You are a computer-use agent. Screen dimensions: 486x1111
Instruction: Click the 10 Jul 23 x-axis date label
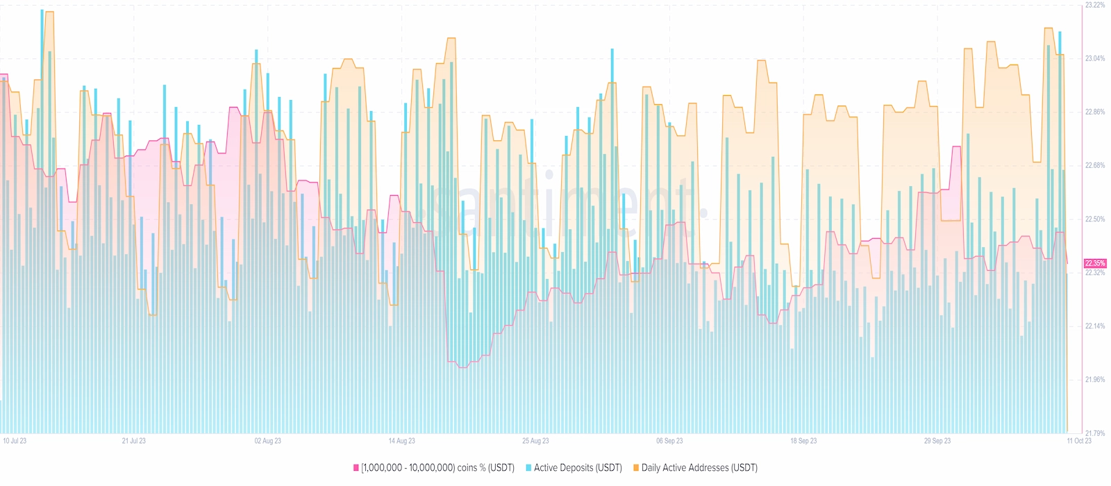click(x=15, y=441)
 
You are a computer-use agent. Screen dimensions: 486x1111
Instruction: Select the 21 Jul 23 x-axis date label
click(x=134, y=441)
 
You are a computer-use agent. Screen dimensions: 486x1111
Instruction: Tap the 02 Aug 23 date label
click(x=268, y=441)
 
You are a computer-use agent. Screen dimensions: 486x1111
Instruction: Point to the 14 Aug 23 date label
click(x=402, y=441)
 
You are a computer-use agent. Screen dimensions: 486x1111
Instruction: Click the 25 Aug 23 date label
click(x=535, y=441)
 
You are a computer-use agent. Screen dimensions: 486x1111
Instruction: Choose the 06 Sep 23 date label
click(x=669, y=441)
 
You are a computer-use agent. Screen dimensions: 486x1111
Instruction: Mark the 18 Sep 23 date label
click(x=803, y=441)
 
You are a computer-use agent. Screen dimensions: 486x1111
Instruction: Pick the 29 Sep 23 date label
click(x=937, y=441)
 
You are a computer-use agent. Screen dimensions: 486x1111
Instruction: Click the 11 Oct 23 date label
click(x=1079, y=441)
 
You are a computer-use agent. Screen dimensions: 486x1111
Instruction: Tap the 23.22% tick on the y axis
click(x=1095, y=5)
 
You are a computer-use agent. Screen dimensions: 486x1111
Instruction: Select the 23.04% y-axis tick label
click(x=1095, y=58)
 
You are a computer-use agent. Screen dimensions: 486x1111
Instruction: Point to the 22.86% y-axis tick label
click(x=1095, y=112)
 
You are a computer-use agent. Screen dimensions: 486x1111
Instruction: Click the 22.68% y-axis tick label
click(x=1095, y=165)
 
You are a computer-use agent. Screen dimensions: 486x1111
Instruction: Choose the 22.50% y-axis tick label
click(x=1095, y=219)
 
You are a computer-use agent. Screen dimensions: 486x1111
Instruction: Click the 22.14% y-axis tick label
click(x=1095, y=326)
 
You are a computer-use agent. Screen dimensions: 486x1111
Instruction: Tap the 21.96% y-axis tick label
click(x=1095, y=380)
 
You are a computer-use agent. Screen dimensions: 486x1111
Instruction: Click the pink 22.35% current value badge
click(x=1095, y=263)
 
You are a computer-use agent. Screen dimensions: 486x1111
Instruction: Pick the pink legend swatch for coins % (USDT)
click(x=356, y=468)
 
